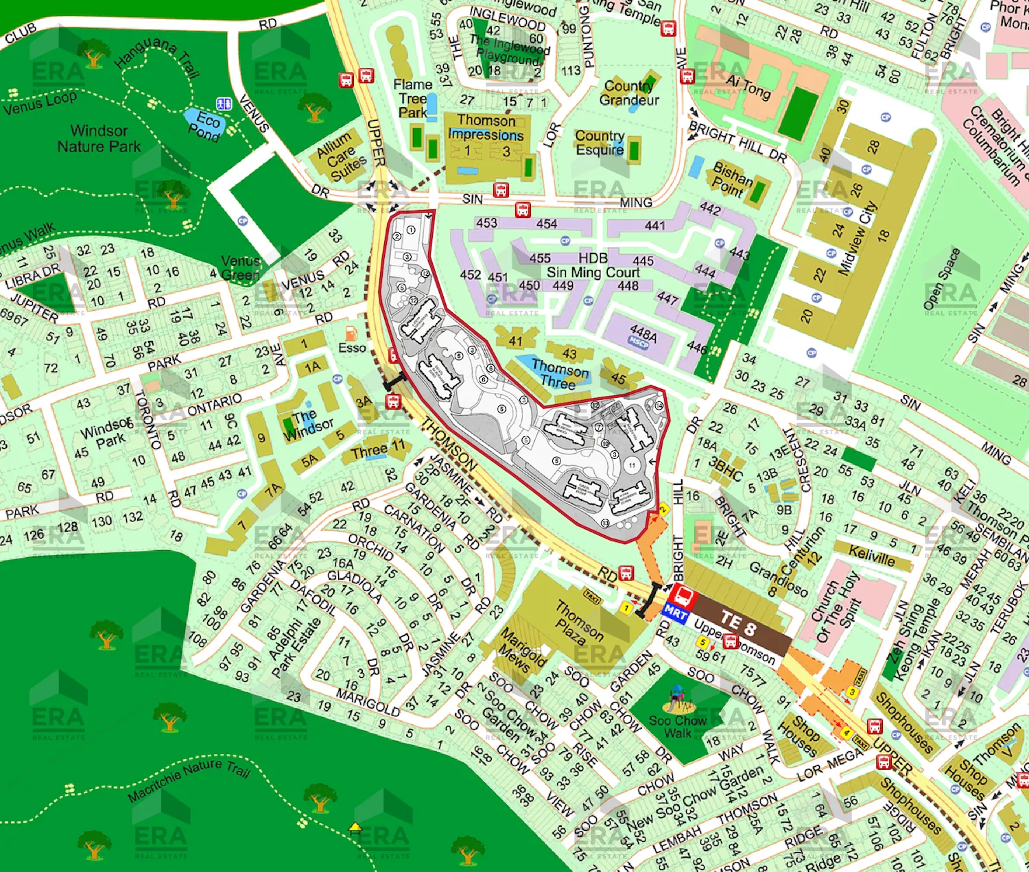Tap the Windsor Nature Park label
click(99, 139)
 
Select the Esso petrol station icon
click(351, 333)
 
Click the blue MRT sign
click(675, 613)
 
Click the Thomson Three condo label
click(559, 375)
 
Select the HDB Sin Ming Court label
click(593, 266)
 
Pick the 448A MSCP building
click(642, 335)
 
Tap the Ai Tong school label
click(748, 86)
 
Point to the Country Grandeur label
click(629, 93)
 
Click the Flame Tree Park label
click(412, 99)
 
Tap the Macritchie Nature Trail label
click(189, 779)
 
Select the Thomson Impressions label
click(486, 128)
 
